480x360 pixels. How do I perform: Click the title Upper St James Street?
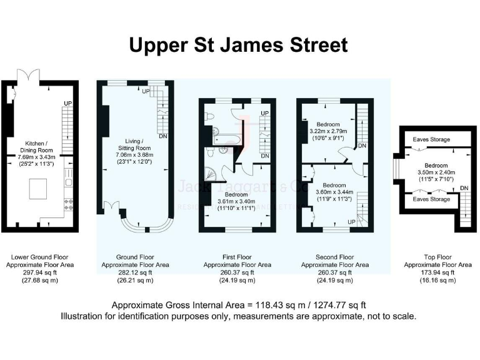click(238, 46)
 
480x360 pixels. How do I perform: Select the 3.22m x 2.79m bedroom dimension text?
click(327, 132)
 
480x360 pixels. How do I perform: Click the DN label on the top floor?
click(464, 188)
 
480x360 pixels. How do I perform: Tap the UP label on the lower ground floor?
click(67, 104)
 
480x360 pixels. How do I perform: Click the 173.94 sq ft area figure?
click(437, 273)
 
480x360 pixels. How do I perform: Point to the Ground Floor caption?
click(135, 257)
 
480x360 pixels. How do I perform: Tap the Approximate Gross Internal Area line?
click(238, 306)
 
